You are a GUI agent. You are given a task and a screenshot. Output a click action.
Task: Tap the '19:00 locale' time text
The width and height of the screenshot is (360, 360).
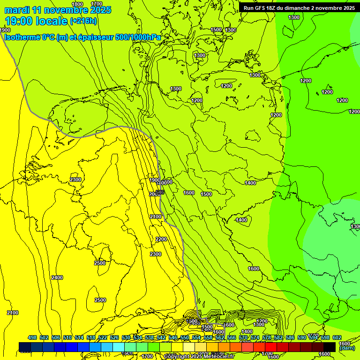coord(36,21)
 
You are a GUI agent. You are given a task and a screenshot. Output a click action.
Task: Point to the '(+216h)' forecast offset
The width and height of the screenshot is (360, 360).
coord(83,21)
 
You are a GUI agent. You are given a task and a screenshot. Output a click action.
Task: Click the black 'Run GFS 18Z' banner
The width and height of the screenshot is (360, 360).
coord(299,8)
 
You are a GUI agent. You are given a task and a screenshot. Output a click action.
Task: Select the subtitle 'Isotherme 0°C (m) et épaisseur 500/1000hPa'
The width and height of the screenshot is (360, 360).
coord(82,37)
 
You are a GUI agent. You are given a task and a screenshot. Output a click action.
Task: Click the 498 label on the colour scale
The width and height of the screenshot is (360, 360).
coord(32,337)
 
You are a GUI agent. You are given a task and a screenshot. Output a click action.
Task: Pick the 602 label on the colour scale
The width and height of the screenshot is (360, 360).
coord(337,337)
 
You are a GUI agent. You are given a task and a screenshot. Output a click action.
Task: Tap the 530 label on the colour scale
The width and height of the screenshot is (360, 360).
coord(126,337)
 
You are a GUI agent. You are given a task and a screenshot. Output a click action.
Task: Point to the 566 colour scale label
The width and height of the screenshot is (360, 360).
coord(232,337)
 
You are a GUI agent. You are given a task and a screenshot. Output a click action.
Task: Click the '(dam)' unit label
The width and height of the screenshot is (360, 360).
coord(346,348)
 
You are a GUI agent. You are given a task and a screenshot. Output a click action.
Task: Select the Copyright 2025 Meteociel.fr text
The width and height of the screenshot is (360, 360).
coord(200,357)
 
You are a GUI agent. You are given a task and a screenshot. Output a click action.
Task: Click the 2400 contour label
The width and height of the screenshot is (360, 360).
coord(57,278)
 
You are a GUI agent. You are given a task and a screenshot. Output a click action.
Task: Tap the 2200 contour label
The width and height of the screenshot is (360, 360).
coord(161,240)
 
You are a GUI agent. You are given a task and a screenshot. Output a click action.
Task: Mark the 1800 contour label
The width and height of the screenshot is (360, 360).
coord(77,4)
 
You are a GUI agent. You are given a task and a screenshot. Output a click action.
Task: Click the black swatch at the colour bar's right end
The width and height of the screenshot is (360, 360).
coord(330,347)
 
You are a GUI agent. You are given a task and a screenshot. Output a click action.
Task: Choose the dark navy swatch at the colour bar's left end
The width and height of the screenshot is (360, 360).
coord(25,347)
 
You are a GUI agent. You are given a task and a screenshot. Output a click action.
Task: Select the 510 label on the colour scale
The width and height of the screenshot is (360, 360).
coord(67,337)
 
